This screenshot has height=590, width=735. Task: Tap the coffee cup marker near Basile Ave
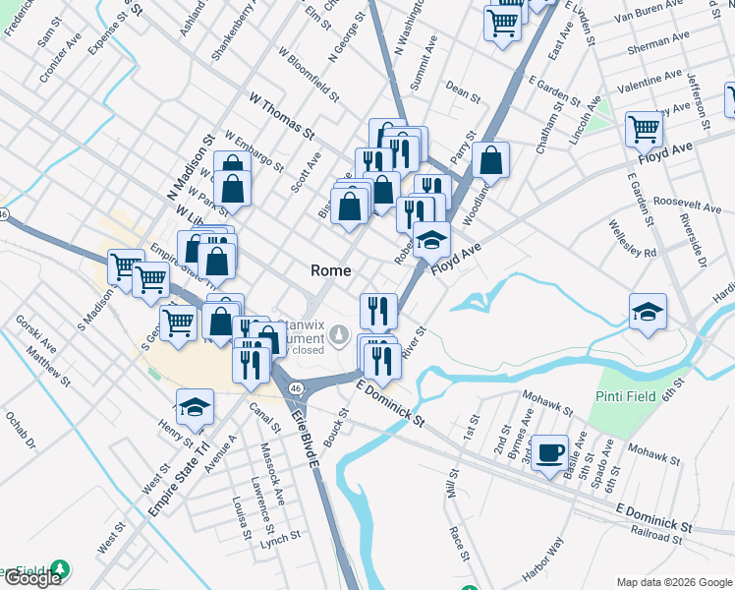coord(549,452)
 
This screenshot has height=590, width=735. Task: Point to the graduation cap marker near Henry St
coord(195,407)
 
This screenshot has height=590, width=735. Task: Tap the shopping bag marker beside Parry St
coord(490,160)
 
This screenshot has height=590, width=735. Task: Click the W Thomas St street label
coord(281,116)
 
